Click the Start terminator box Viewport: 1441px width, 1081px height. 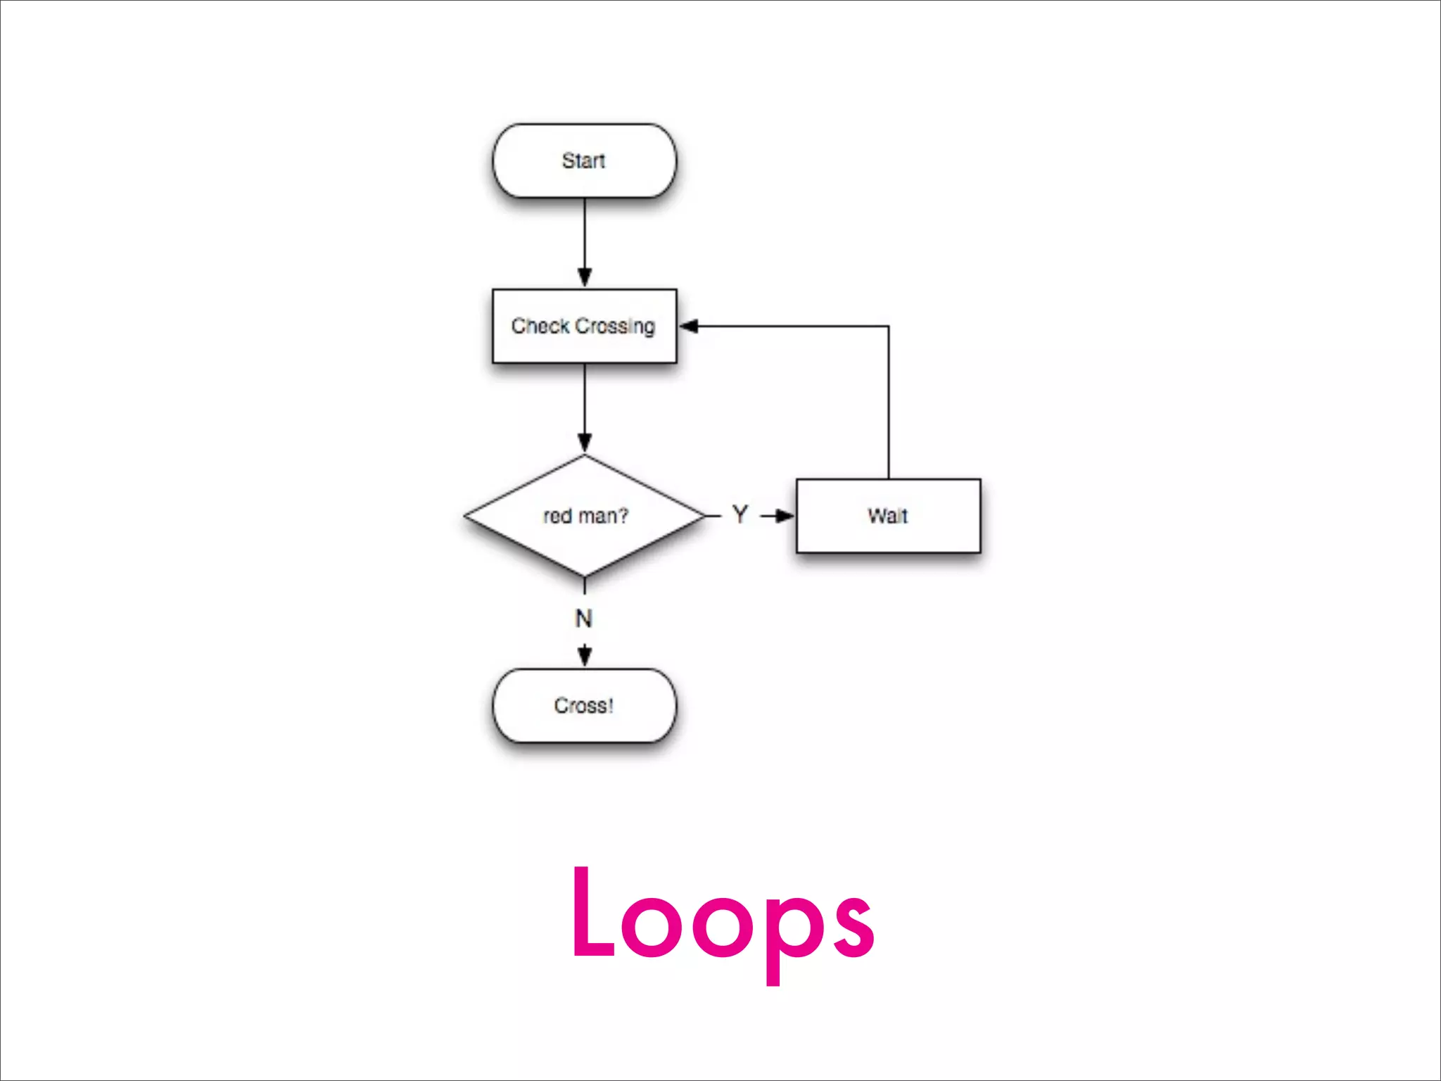(x=584, y=160)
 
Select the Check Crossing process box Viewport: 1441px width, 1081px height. (x=584, y=326)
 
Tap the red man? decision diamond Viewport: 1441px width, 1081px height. (x=584, y=516)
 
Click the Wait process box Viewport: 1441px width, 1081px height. (x=888, y=516)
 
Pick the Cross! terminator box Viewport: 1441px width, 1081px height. (x=584, y=705)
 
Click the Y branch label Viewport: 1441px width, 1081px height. (x=739, y=514)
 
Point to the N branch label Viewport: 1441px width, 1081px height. (x=583, y=619)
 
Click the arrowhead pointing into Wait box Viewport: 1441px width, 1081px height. (x=785, y=516)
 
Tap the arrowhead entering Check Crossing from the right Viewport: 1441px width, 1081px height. (x=689, y=326)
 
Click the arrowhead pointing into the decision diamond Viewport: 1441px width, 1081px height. (x=585, y=443)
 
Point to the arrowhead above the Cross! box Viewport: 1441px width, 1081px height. (x=585, y=656)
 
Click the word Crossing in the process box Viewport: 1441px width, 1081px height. (x=615, y=327)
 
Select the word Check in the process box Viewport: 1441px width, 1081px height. (x=540, y=326)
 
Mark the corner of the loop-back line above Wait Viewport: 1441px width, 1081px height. (x=888, y=327)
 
